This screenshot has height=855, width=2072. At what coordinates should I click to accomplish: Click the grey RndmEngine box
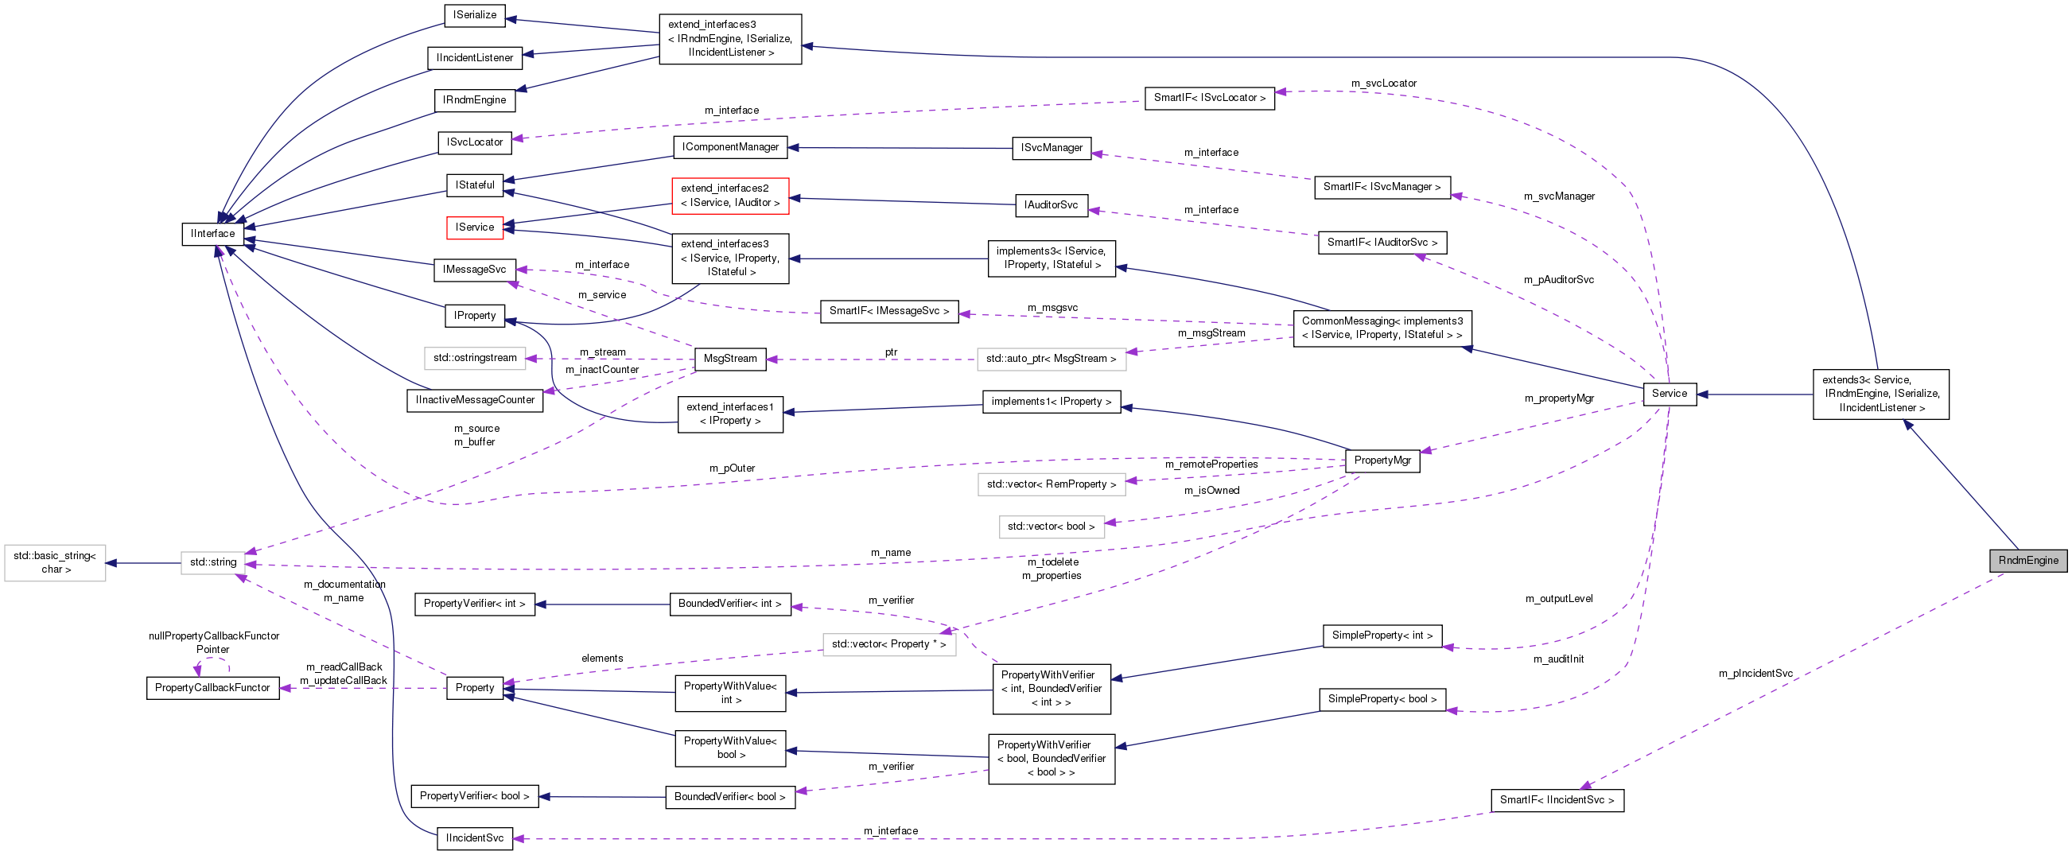(x=2027, y=561)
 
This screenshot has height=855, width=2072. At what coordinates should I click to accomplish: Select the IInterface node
(x=212, y=233)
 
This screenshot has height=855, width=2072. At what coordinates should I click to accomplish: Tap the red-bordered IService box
(x=475, y=227)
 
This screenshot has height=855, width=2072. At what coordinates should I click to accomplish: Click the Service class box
(x=1669, y=394)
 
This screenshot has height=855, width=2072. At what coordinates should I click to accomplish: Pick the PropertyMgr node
(x=1382, y=461)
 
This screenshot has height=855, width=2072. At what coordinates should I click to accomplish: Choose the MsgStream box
(x=729, y=359)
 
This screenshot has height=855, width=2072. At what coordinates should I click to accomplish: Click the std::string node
(x=213, y=562)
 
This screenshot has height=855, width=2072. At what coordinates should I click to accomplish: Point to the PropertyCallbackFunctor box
(x=212, y=688)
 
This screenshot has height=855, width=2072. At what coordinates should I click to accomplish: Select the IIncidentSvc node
(x=475, y=838)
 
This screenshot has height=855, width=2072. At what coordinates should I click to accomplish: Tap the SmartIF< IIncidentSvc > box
(x=1557, y=800)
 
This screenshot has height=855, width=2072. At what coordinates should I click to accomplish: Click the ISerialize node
(x=475, y=14)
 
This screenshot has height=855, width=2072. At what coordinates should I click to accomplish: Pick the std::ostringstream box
(x=475, y=358)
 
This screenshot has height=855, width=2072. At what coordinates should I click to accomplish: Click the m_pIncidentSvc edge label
(x=1755, y=673)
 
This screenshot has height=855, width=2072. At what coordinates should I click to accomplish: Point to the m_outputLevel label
(x=1558, y=598)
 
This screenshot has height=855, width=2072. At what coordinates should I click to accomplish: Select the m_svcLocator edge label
(x=1383, y=83)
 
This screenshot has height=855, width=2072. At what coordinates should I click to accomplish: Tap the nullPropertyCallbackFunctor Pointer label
(x=213, y=642)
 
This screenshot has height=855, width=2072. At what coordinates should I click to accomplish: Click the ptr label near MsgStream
(x=890, y=352)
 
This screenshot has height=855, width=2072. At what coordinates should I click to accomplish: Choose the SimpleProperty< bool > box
(x=1382, y=699)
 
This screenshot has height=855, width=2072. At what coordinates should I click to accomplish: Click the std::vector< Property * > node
(x=888, y=644)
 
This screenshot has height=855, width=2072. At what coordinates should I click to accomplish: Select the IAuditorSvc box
(x=1051, y=205)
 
